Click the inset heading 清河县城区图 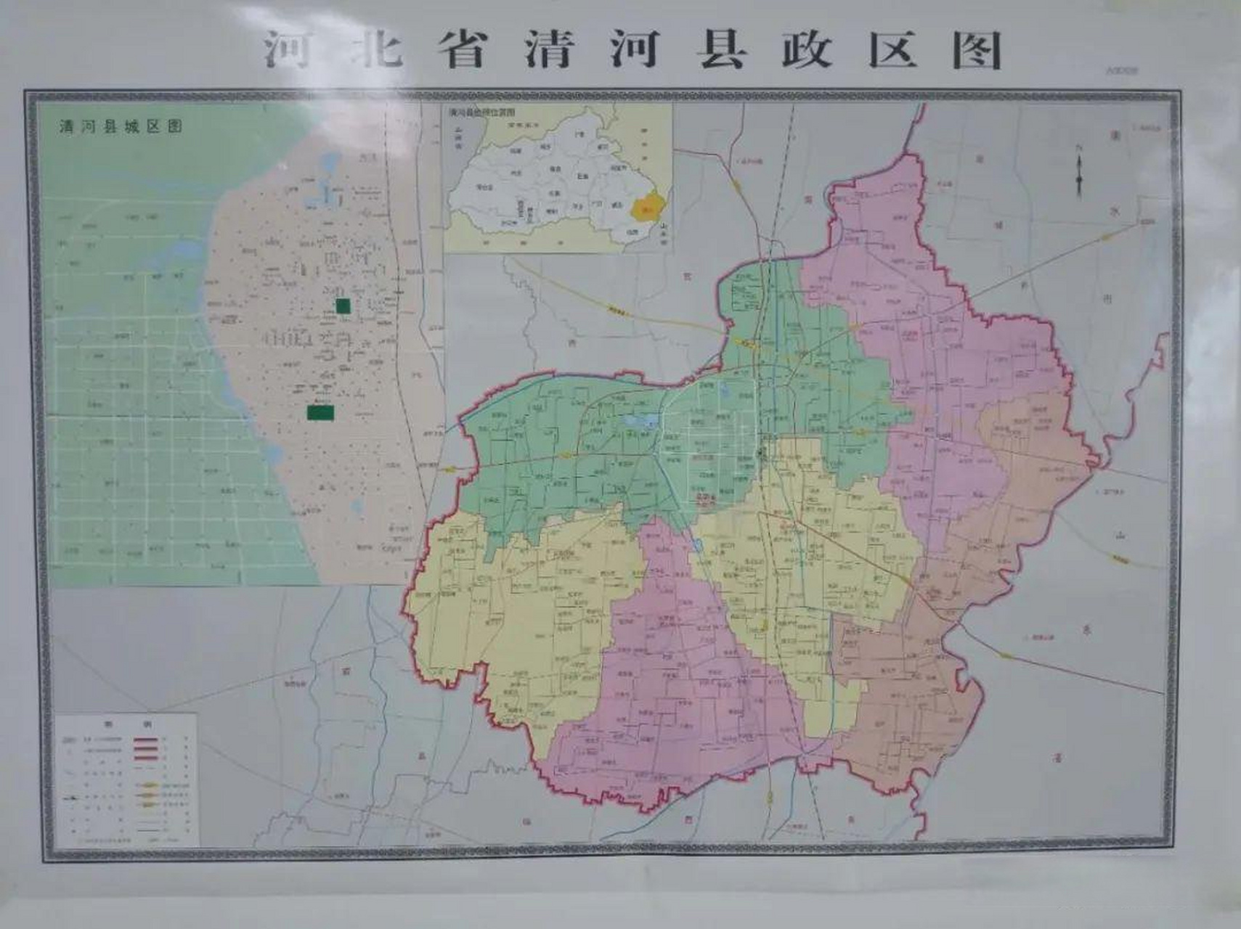click(x=121, y=127)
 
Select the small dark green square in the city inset click(x=343, y=306)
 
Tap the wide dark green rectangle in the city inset click(x=320, y=413)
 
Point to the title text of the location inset click(x=481, y=112)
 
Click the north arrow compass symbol click(x=1079, y=171)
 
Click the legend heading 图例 click(x=126, y=724)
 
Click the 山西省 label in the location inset click(x=459, y=137)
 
